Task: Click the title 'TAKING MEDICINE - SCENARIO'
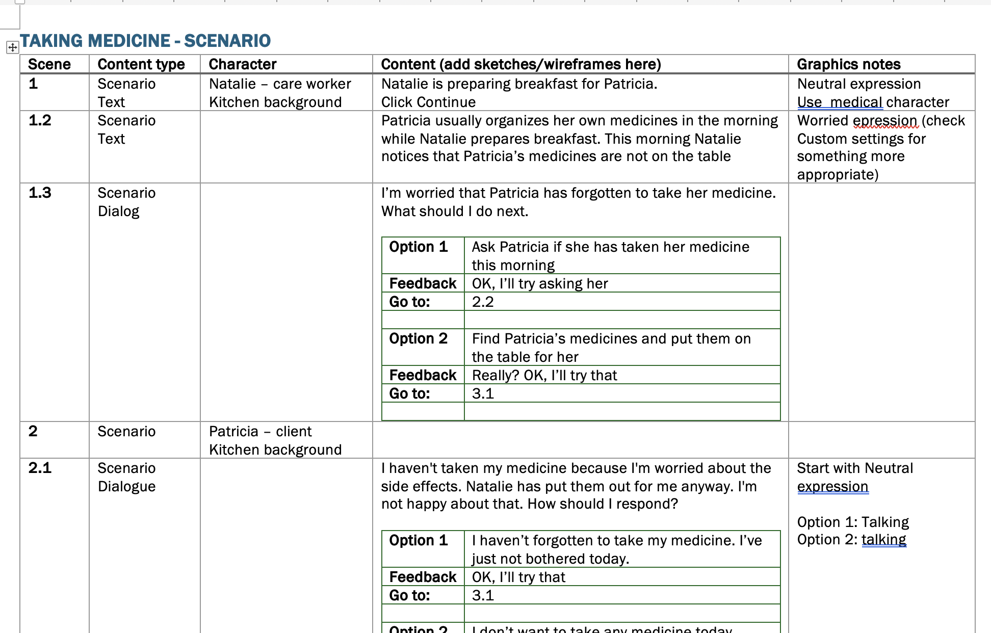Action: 145,41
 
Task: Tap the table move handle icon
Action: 12,48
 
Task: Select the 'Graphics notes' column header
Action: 848,64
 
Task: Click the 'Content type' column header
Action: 141,64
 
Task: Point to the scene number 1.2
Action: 40,120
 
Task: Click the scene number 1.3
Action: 40,193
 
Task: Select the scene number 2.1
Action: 40,468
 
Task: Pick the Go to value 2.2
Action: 483,302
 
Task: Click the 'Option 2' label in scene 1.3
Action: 418,338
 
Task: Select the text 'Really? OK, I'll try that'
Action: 544,376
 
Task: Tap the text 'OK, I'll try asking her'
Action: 540,284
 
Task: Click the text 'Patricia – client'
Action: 260,432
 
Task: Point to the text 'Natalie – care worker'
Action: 280,84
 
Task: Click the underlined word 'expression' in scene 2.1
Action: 832,487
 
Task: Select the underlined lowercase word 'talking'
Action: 883,540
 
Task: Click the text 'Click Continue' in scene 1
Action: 428,102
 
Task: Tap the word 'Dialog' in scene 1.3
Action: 118,212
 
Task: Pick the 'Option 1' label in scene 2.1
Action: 418,540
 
